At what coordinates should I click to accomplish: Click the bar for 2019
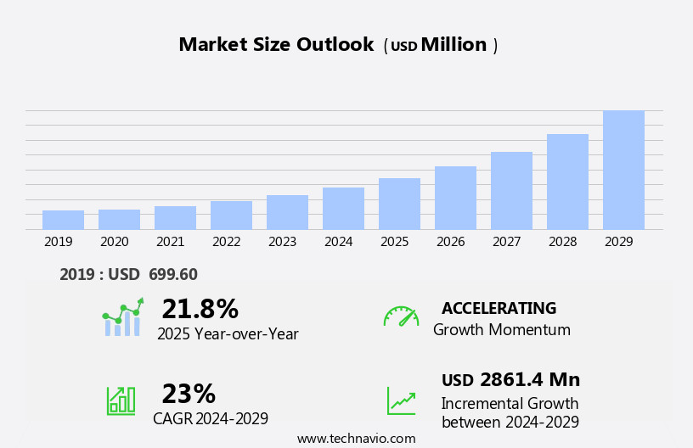coord(63,220)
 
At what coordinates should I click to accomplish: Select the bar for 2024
coord(343,209)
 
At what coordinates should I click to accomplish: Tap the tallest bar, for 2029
coord(623,170)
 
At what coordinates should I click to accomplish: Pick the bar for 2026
coord(455,198)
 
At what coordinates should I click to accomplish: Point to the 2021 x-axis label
coord(170,242)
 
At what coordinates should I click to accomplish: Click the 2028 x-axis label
coord(562,242)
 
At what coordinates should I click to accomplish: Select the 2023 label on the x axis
coord(282,242)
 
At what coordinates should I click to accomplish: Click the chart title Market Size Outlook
coord(276,45)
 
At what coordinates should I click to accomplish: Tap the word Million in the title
coord(454,45)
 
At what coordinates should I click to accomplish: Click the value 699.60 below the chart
coord(172,274)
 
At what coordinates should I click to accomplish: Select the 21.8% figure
coord(200,309)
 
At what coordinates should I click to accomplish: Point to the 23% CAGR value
coord(189,394)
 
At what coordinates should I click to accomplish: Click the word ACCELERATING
coord(499,308)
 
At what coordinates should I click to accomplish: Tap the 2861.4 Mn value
coord(530,380)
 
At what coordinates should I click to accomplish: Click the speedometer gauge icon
coord(401,316)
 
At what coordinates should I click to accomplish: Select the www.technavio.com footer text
coord(356,439)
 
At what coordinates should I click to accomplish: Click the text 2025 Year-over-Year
coord(228,334)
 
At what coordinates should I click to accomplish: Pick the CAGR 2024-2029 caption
coord(211,418)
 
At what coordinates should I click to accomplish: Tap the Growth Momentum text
coord(501,330)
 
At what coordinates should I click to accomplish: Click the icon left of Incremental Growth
coord(401,400)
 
